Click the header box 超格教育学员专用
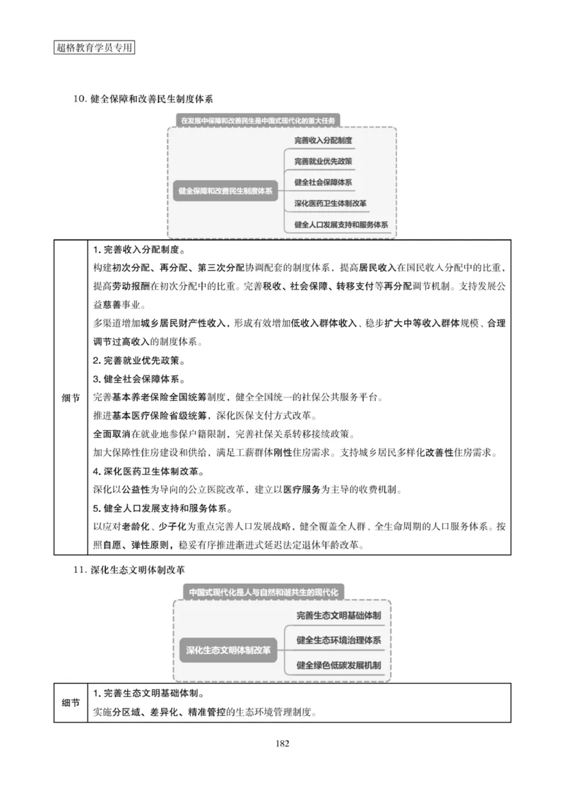click(x=94, y=48)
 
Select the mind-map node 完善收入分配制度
click(x=323, y=141)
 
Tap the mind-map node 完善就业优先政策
click(x=323, y=162)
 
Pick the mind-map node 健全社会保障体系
click(x=323, y=182)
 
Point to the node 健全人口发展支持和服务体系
click(x=341, y=225)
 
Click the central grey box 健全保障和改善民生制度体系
click(x=226, y=191)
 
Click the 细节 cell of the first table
click(x=71, y=398)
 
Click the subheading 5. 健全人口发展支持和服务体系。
click(x=160, y=508)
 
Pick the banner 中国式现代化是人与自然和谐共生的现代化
click(x=261, y=591)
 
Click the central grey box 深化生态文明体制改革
click(x=228, y=650)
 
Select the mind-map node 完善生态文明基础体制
click(x=339, y=616)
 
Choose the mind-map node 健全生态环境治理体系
click(x=339, y=641)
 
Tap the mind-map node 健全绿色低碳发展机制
click(x=339, y=665)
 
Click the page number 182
click(x=282, y=742)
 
